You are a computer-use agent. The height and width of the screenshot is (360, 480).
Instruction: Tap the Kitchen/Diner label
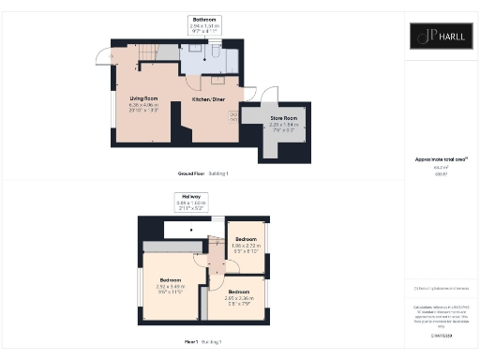click(x=208, y=98)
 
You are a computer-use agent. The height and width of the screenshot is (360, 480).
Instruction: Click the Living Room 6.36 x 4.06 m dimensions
click(x=143, y=105)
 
